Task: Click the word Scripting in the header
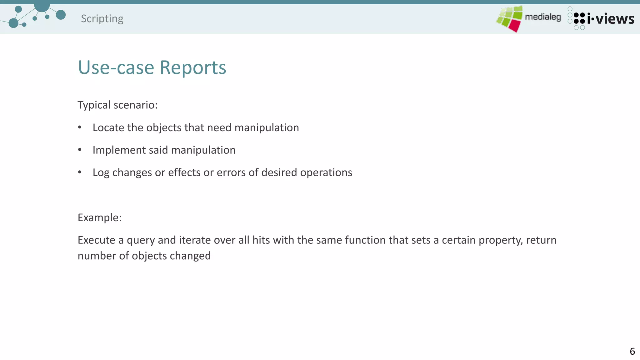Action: tap(102, 19)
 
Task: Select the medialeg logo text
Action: tap(543, 17)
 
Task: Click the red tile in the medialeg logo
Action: tap(514, 25)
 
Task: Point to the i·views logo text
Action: tap(610, 19)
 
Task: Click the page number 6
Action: tap(632, 351)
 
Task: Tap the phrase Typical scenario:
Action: tap(117, 105)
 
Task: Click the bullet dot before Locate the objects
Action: tap(80, 127)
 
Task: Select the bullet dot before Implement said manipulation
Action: tap(80, 150)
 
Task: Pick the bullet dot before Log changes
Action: tap(80, 172)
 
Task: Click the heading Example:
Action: tap(100, 217)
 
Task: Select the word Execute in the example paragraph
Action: tap(97, 240)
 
